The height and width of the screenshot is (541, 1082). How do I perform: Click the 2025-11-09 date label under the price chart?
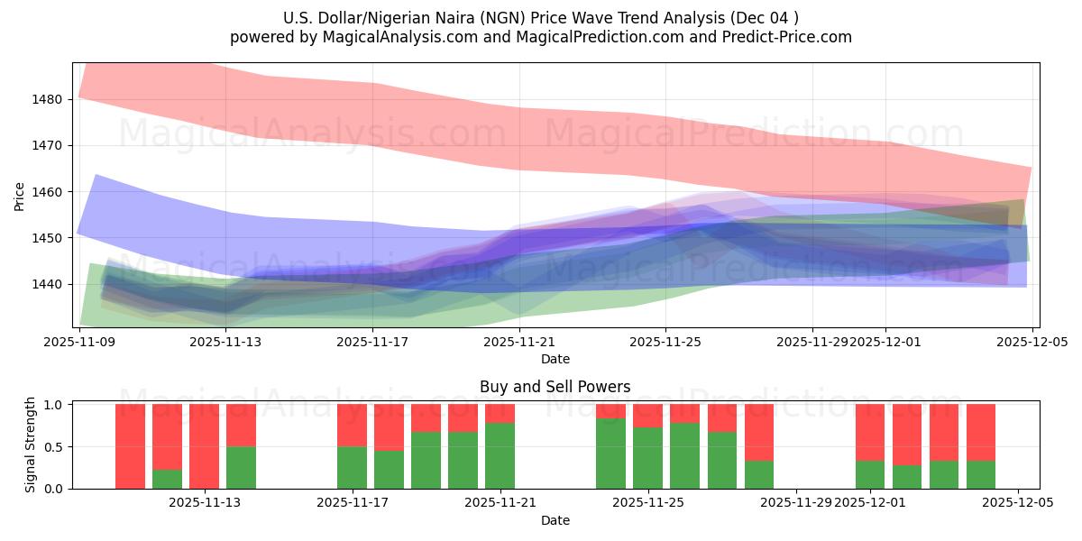pyautogui.click(x=80, y=342)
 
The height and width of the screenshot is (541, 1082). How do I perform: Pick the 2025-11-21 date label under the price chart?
pyautogui.click(x=519, y=342)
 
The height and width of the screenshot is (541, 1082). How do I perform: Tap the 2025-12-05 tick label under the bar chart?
pyautogui.click(x=1018, y=503)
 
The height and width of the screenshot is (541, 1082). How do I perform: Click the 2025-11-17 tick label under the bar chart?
pyautogui.click(x=353, y=503)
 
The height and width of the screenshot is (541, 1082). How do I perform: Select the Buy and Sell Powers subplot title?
pyautogui.click(x=555, y=387)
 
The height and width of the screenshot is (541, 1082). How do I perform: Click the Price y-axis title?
pyautogui.click(x=20, y=196)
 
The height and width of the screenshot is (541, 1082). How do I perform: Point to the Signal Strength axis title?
pyautogui.click(x=32, y=445)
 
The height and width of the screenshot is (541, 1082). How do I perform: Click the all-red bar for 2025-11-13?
pyautogui.click(x=204, y=446)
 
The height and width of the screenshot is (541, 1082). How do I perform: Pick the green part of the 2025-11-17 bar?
pyautogui.click(x=352, y=467)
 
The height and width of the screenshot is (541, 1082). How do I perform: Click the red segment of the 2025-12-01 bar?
pyautogui.click(x=870, y=432)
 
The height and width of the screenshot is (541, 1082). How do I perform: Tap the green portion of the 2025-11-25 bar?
pyautogui.click(x=647, y=458)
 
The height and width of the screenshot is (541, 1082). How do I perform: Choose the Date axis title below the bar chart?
pyautogui.click(x=555, y=520)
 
